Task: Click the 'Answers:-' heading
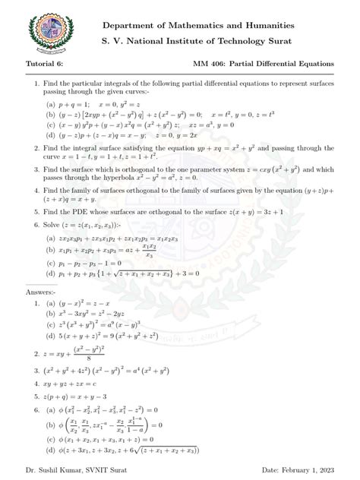(41, 292)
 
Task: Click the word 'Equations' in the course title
(311, 65)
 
